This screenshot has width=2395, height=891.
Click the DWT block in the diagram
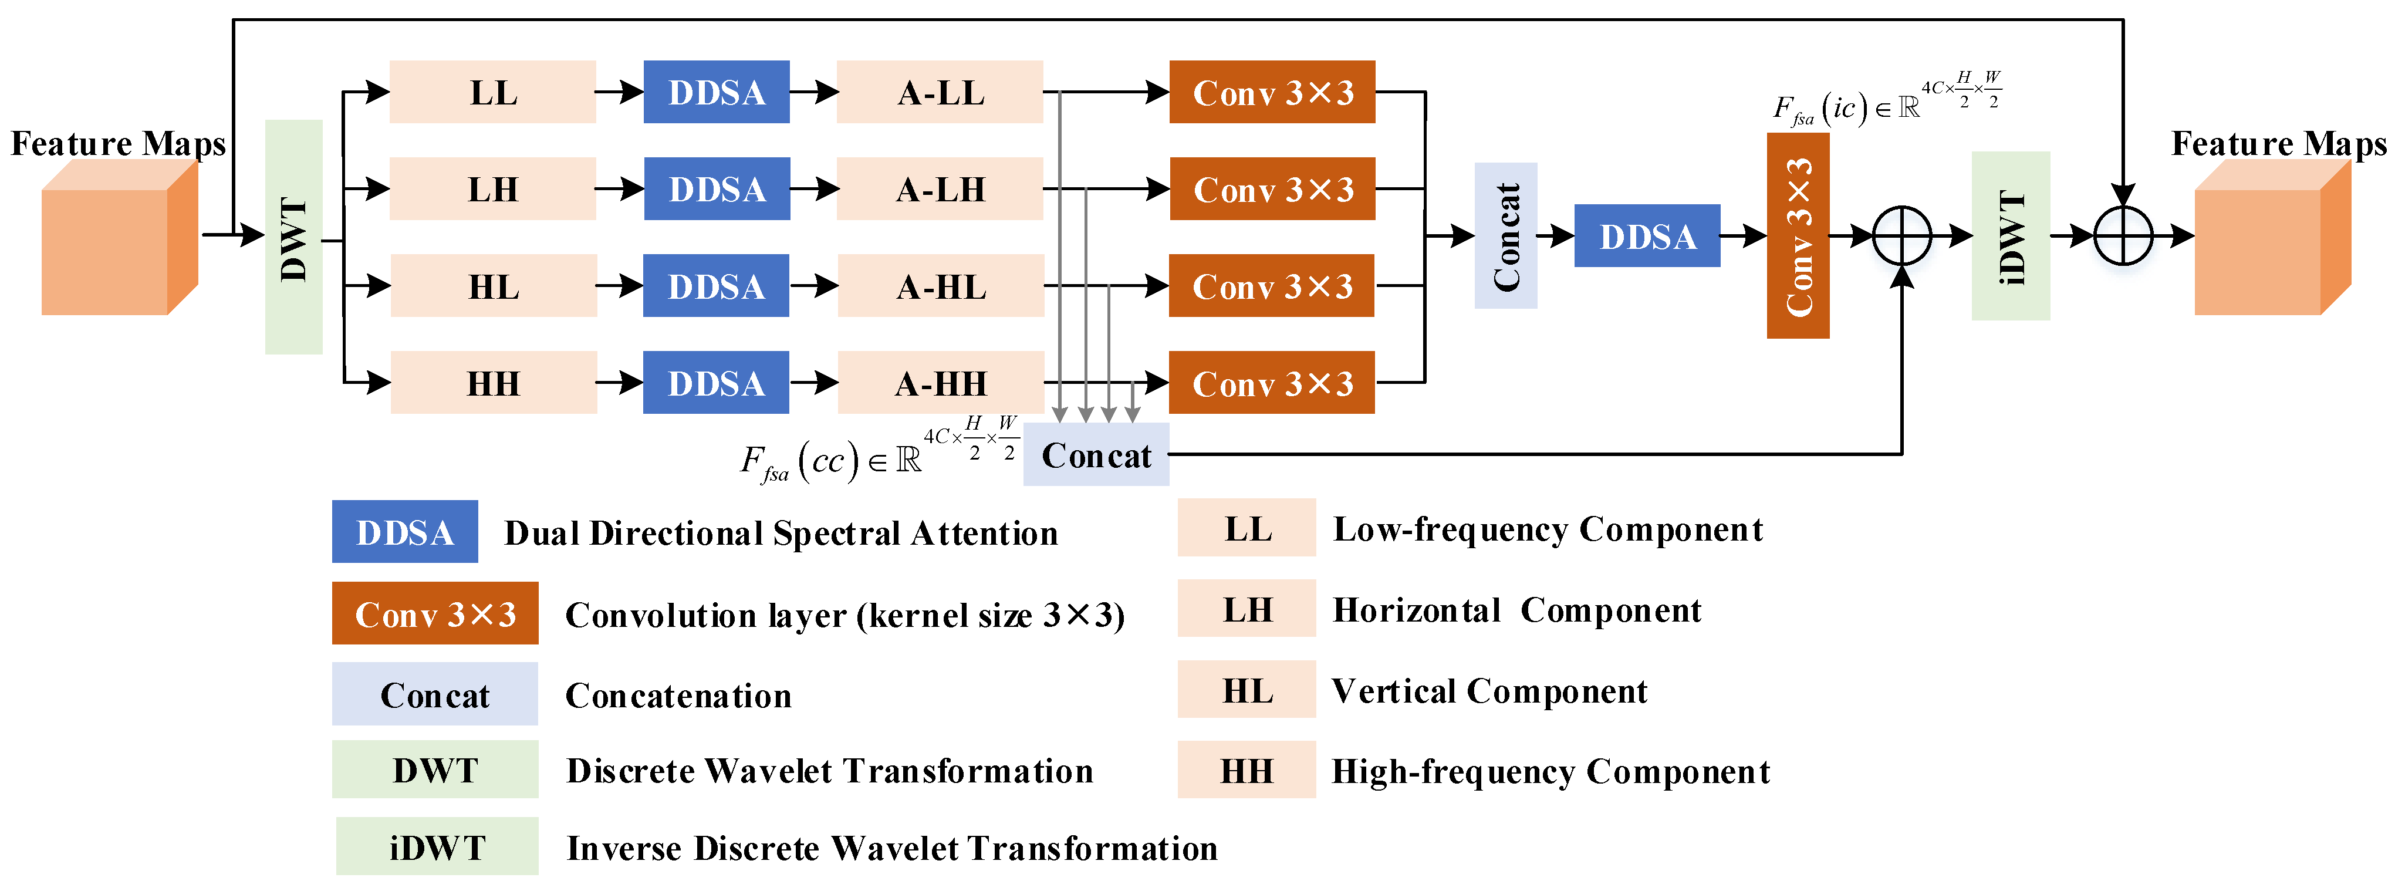pyautogui.click(x=294, y=237)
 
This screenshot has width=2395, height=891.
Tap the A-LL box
pyautogui.click(x=940, y=92)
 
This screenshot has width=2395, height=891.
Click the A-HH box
pyautogui.click(x=940, y=382)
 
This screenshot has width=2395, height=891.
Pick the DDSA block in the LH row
pyautogui.click(x=717, y=189)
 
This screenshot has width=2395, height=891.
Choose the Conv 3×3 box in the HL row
pyautogui.click(x=1271, y=285)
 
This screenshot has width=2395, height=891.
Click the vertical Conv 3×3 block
pyautogui.click(x=1797, y=235)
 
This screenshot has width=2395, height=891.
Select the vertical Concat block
pyautogui.click(x=1505, y=235)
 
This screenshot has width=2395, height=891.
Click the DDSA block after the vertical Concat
pyautogui.click(x=1647, y=236)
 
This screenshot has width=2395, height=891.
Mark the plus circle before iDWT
pyautogui.click(x=1901, y=235)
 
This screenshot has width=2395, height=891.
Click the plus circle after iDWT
pyautogui.click(x=2123, y=235)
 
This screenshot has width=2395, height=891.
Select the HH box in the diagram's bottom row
pyautogui.click(x=493, y=382)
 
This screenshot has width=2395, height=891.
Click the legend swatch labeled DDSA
pyautogui.click(x=404, y=532)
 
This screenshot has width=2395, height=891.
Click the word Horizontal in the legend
pyautogui.click(x=1416, y=610)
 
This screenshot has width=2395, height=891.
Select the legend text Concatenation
pyautogui.click(x=678, y=696)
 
